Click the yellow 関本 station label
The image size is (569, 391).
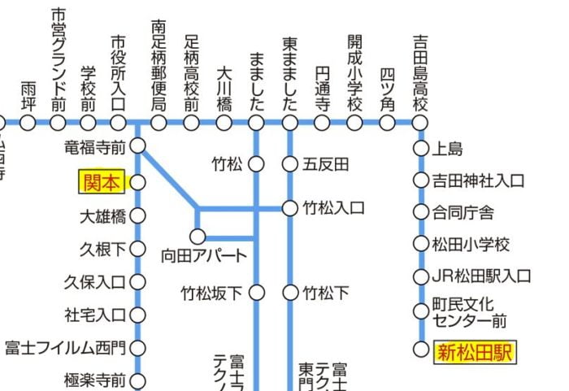click(x=100, y=182)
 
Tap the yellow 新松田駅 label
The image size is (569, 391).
click(x=476, y=352)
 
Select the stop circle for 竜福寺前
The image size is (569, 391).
click(x=137, y=146)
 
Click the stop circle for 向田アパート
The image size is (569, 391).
click(x=197, y=237)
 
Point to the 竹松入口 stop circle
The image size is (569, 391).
click(x=290, y=208)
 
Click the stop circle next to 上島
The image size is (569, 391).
click(x=420, y=148)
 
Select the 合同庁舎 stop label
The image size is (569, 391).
click(x=463, y=212)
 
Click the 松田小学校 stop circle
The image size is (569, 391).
click(x=420, y=244)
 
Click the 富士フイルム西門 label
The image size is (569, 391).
click(x=65, y=349)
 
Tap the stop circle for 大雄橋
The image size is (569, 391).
click(x=137, y=216)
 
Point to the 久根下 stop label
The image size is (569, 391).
click(x=102, y=249)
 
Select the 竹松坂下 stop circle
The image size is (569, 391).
click(x=257, y=292)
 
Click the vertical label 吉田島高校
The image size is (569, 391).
click(x=419, y=73)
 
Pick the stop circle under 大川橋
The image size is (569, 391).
click(x=224, y=123)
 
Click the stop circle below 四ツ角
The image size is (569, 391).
click(x=388, y=123)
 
